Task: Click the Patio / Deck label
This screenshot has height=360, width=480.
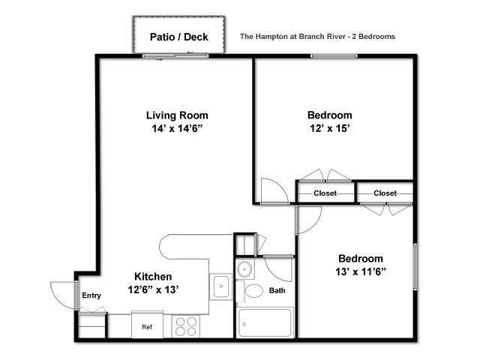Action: tap(178, 37)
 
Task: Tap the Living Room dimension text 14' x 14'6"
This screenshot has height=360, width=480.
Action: tap(178, 128)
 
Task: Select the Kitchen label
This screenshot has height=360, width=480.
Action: tap(153, 277)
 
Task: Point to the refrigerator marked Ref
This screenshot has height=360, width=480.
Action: tap(147, 325)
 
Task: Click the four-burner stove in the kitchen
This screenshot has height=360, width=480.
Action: tap(186, 327)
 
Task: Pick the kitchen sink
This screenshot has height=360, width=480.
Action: tap(221, 286)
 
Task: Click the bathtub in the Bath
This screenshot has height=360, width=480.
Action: tap(265, 323)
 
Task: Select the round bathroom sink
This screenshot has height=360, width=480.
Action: tap(245, 269)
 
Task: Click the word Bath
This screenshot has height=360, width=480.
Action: tap(277, 290)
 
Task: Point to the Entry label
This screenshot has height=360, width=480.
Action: tap(91, 295)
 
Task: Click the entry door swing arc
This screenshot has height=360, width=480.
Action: tap(55, 298)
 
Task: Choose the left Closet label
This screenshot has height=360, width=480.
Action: tap(325, 193)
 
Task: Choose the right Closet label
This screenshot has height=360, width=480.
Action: tap(385, 193)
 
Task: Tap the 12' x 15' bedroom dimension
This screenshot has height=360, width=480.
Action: tap(330, 128)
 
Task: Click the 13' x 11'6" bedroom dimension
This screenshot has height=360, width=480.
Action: tap(361, 271)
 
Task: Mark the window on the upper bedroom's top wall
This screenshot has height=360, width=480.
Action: tap(334, 56)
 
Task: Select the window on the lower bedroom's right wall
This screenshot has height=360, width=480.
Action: tap(415, 266)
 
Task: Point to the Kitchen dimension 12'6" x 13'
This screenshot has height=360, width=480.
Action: tap(153, 289)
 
